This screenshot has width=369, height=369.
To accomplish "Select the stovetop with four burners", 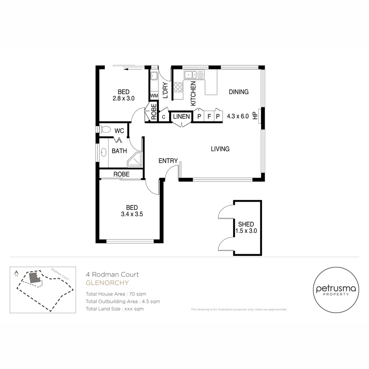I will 178,87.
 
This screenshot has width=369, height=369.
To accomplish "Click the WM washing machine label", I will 154,96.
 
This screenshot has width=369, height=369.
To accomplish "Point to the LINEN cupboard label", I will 181,117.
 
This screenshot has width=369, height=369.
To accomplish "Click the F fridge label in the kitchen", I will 209,117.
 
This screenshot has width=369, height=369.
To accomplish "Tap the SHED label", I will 246,224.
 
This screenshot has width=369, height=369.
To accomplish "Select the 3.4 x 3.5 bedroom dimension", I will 132,215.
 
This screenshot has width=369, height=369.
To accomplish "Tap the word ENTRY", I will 168,161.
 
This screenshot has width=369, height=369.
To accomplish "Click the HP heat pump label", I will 255,116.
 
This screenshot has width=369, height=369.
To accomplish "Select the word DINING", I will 238,92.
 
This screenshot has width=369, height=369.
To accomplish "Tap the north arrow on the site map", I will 16,273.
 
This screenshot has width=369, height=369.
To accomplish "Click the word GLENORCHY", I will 107,283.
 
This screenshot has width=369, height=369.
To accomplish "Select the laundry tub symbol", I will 154,76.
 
